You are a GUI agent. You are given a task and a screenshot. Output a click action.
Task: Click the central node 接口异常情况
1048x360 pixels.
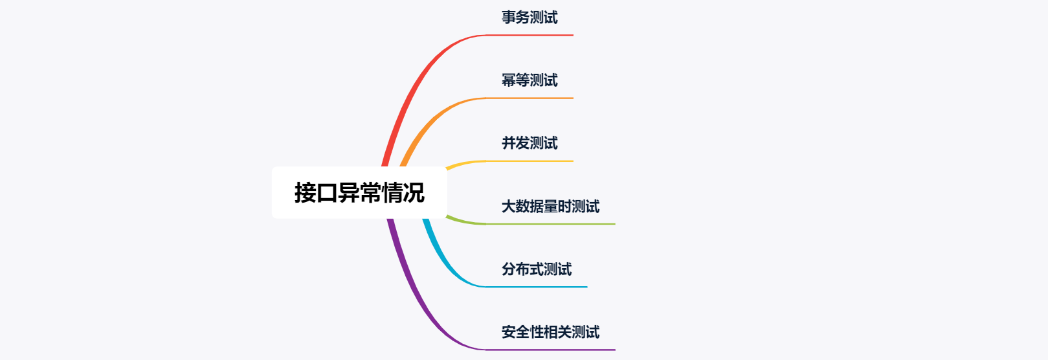(359, 193)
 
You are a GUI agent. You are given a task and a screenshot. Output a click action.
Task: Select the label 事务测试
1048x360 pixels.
(530, 17)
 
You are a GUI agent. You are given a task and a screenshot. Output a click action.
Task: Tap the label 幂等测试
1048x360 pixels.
(530, 80)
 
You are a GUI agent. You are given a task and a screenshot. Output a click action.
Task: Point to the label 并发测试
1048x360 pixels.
(530, 143)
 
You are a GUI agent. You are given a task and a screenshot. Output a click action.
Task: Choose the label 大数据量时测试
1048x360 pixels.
(550, 207)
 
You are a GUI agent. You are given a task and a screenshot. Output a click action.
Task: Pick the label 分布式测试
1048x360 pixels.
(537, 269)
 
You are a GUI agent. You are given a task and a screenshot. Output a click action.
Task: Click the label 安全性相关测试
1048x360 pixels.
(550, 332)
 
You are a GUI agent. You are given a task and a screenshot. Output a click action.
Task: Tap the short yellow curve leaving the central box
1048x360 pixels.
(463, 164)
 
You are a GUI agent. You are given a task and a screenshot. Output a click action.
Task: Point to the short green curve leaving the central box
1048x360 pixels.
(463, 221)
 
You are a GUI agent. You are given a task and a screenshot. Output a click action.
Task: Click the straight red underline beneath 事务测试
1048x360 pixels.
(531, 35)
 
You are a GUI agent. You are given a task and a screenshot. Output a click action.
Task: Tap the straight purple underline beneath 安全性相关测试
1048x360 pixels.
(550, 350)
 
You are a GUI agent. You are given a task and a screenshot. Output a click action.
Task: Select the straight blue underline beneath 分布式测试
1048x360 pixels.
(537, 287)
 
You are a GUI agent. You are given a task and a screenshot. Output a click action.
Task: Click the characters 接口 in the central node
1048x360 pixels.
(316, 193)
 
